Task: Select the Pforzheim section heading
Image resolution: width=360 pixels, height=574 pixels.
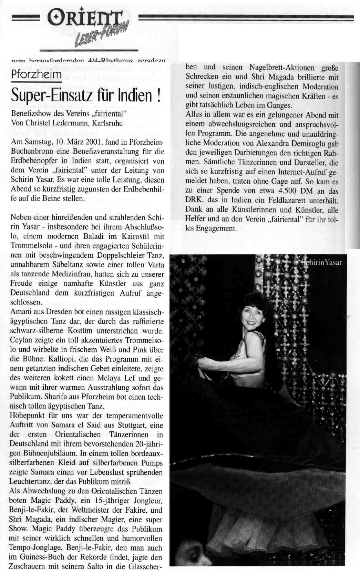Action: coord(36,74)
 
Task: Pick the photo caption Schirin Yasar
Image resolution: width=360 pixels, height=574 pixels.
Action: coord(322,263)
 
